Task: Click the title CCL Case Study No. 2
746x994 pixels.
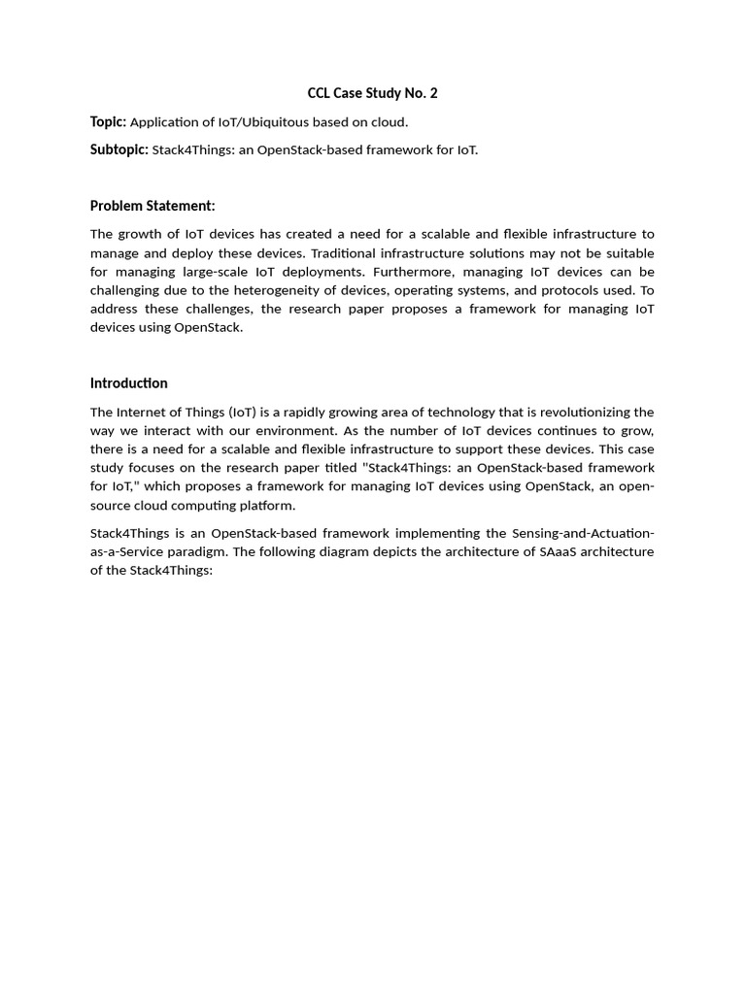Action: [x=372, y=93]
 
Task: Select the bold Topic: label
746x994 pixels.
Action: [x=108, y=121]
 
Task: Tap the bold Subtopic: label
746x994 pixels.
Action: [x=119, y=149]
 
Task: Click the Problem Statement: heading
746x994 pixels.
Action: [x=153, y=206]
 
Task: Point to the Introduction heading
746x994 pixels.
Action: [x=128, y=382]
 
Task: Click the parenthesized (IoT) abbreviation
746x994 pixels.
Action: [x=238, y=413]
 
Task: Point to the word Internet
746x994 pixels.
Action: [x=142, y=413]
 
